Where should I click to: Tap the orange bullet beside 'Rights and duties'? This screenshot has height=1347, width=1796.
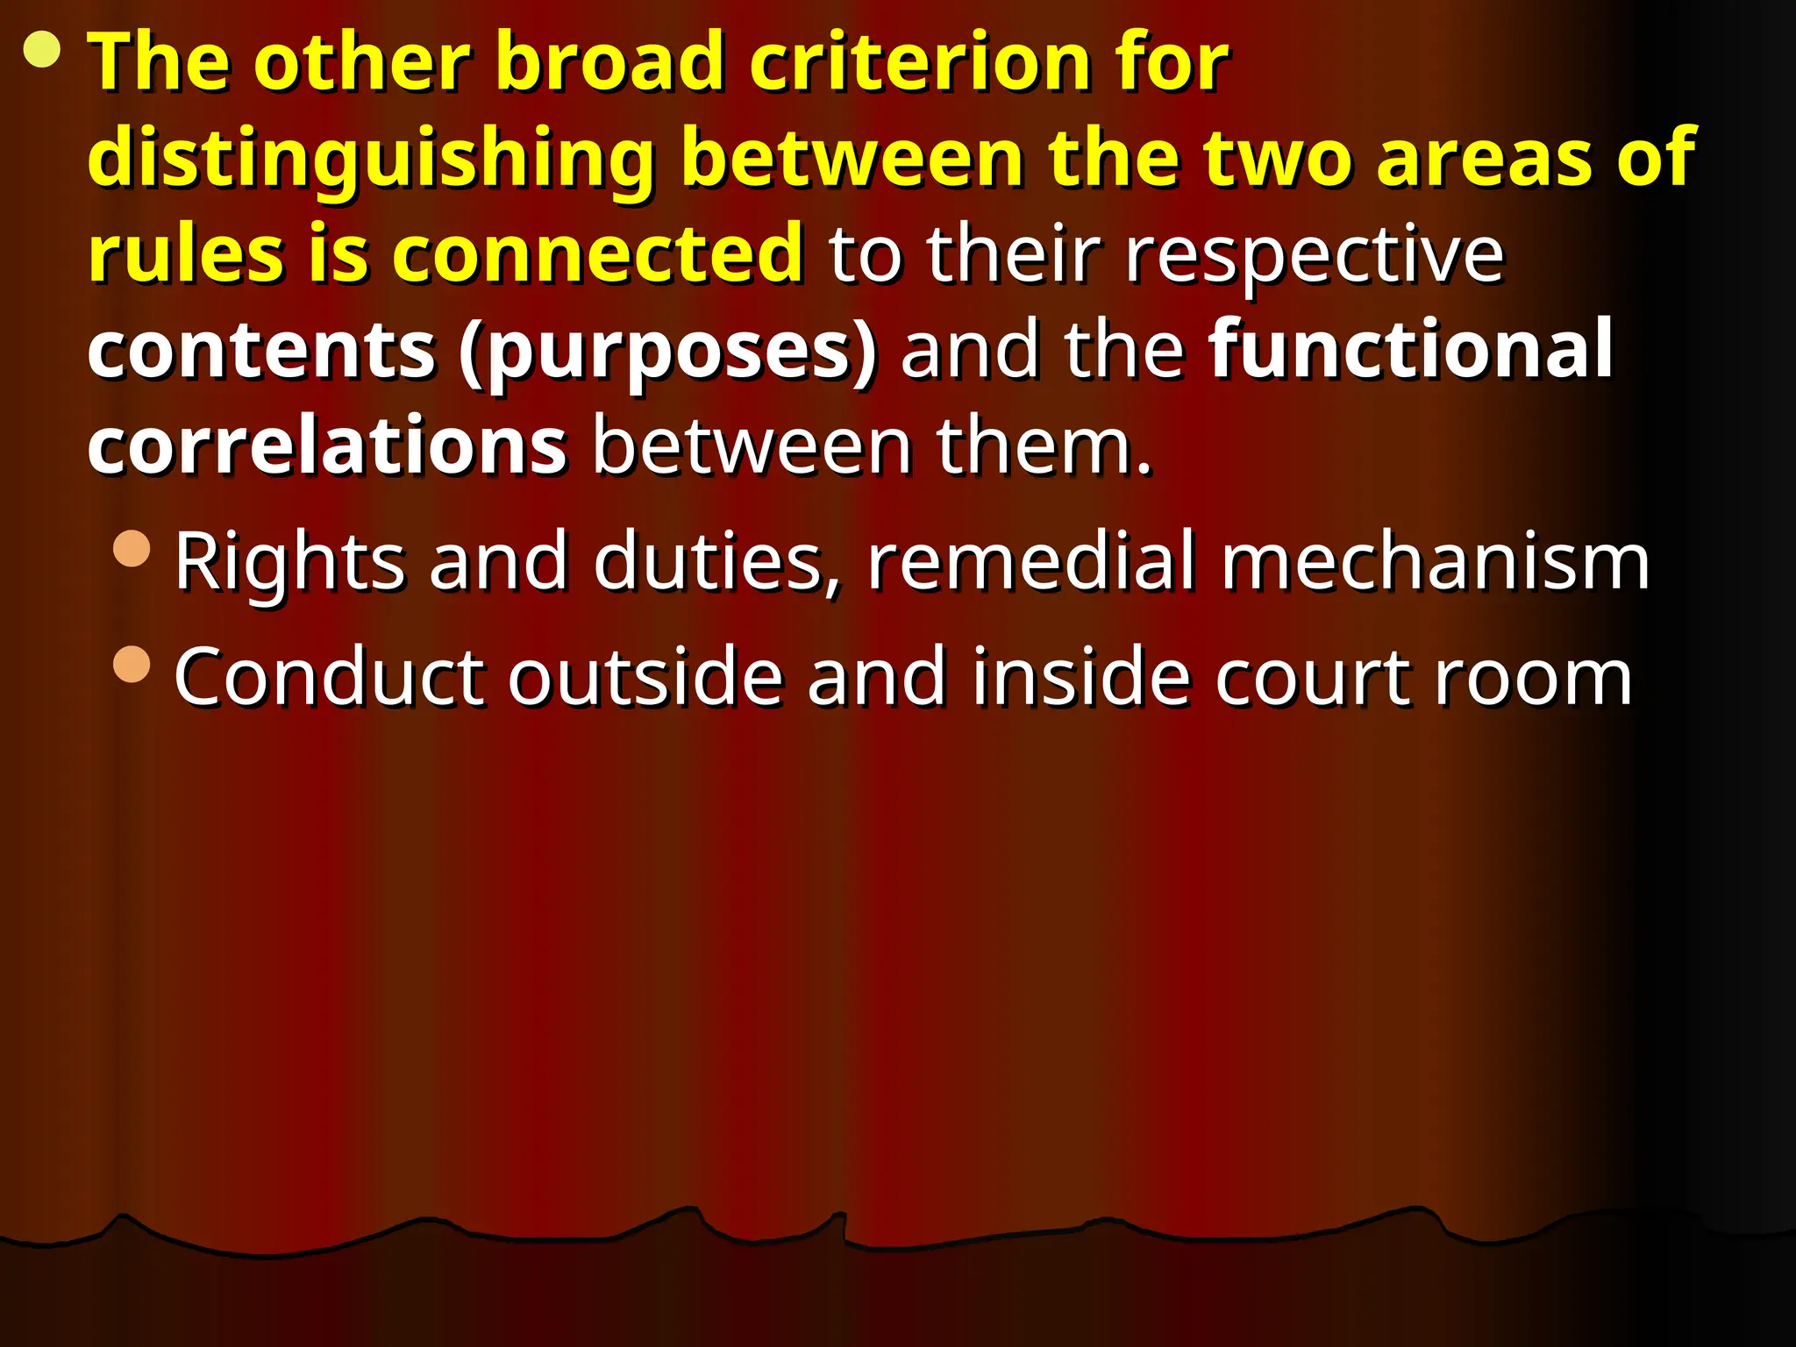coord(132,550)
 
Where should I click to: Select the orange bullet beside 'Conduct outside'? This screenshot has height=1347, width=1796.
coord(132,664)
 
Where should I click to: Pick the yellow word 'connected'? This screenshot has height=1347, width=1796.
coord(597,253)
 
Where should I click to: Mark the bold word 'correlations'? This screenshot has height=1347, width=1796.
coord(327,446)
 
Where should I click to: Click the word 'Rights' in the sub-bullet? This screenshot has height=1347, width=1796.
coord(289,562)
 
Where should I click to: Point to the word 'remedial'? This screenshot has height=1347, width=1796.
coord(1031,560)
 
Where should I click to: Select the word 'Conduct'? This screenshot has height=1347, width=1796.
coord(328,676)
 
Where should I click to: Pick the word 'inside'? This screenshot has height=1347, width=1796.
coord(1080,676)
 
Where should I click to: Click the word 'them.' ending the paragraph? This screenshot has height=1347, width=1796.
coord(1043,446)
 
